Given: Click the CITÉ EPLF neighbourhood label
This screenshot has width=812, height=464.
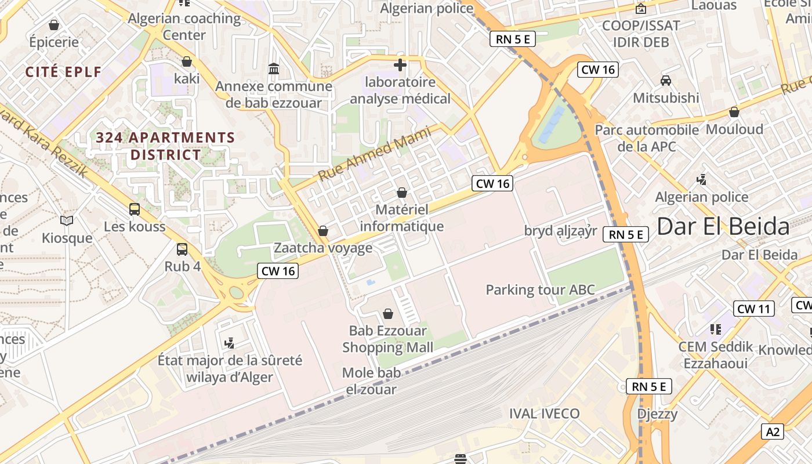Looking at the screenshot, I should (64, 72).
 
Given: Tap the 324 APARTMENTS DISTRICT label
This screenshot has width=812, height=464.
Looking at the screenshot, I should (165, 146).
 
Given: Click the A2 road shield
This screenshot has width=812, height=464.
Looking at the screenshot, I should (773, 431).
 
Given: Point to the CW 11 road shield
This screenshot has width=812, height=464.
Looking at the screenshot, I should (753, 309).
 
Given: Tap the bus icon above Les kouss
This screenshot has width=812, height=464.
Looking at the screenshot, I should (135, 209).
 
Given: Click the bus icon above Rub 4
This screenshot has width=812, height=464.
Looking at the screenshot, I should (182, 249).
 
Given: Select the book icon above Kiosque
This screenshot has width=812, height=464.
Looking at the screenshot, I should (67, 220).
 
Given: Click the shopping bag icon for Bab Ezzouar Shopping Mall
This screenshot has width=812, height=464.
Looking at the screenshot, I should (388, 314).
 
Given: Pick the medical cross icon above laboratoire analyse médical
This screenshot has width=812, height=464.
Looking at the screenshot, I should (400, 64).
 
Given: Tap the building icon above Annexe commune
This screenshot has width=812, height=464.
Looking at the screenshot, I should (274, 70).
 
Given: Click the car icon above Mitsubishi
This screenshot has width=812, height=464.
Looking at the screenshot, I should (666, 81).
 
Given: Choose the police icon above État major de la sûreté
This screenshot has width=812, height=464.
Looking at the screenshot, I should (230, 343).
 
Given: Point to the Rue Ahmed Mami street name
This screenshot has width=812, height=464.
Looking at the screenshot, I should (375, 154).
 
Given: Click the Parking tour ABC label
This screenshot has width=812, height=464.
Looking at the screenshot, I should (540, 289).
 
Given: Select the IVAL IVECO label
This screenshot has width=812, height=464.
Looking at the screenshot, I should (544, 414).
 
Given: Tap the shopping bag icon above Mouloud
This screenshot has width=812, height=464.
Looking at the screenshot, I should (734, 112).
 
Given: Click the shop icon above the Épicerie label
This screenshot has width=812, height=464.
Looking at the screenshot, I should (54, 25).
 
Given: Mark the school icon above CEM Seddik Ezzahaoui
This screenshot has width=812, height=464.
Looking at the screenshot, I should (716, 329).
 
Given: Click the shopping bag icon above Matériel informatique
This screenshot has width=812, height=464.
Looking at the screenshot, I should (401, 193).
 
